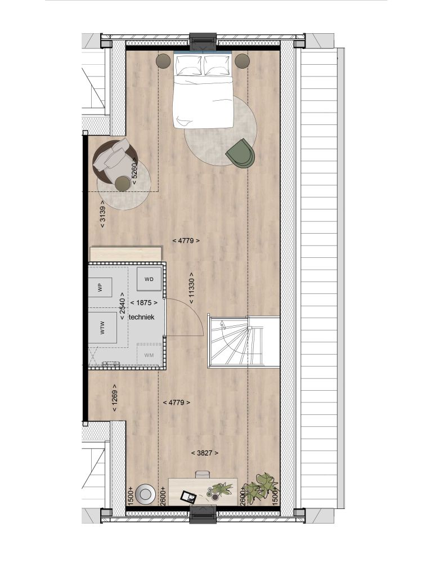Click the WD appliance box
coord(149,279)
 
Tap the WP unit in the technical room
coord(100,287)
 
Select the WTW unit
coord(102,328)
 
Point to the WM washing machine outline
coord(149,355)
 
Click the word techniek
coord(141,317)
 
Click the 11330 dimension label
coord(191,288)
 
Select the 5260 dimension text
coord(134,171)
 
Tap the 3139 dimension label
coord(102,214)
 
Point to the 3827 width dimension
coord(205,453)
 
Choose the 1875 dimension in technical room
coord(143,303)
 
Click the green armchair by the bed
coord(240,153)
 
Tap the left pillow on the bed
coord(189,65)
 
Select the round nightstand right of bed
coord(243,60)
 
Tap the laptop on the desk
coord(189,497)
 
